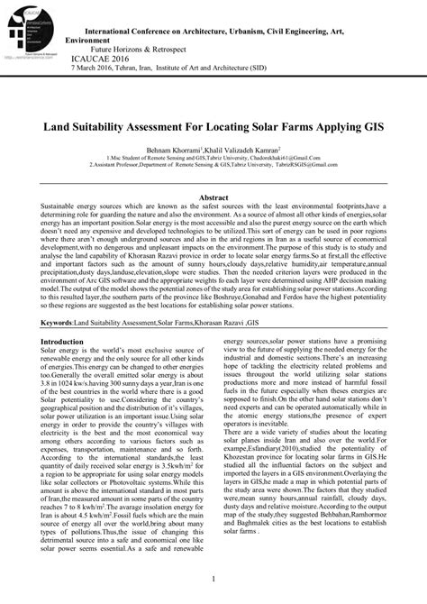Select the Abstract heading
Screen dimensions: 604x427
click(x=213, y=197)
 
